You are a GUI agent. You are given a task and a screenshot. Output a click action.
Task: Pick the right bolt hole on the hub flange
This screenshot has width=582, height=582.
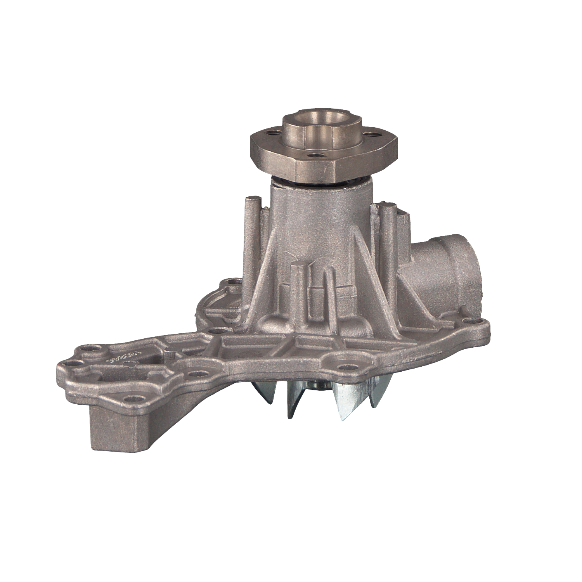click(x=374, y=135)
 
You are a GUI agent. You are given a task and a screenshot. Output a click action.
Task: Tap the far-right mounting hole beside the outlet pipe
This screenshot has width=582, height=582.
click(x=471, y=321)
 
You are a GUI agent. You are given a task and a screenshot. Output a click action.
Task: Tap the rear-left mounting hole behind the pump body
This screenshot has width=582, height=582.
click(x=232, y=281)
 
